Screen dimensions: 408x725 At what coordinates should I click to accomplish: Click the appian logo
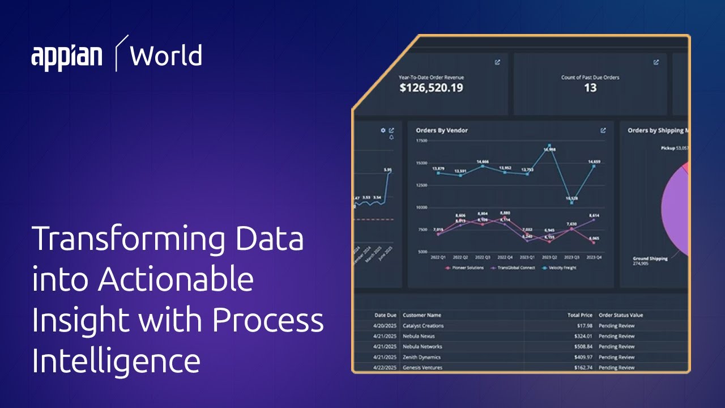(x=67, y=57)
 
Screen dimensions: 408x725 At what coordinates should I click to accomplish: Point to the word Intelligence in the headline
(x=116, y=361)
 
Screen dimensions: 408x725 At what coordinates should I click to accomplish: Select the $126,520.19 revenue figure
(x=430, y=88)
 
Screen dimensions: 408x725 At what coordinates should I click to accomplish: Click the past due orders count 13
(x=590, y=88)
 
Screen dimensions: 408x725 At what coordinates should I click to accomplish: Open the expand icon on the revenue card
(x=497, y=62)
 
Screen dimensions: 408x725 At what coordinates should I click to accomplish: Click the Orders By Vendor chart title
(x=442, y=130)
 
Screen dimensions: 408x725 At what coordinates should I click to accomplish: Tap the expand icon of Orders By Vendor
(x=603, y=130)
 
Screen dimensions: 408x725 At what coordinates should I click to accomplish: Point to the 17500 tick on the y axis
(x=421, y=141)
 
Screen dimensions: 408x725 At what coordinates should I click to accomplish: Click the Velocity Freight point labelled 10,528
(x=572, y=202)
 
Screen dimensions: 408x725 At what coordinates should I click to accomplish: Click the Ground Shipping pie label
(x=650, y=259)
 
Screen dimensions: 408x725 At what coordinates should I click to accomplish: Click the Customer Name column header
(x=421, y=315)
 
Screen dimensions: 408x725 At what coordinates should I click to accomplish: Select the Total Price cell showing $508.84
(x=579, y=347)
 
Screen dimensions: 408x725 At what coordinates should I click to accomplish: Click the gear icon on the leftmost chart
(x=383, y=130)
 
